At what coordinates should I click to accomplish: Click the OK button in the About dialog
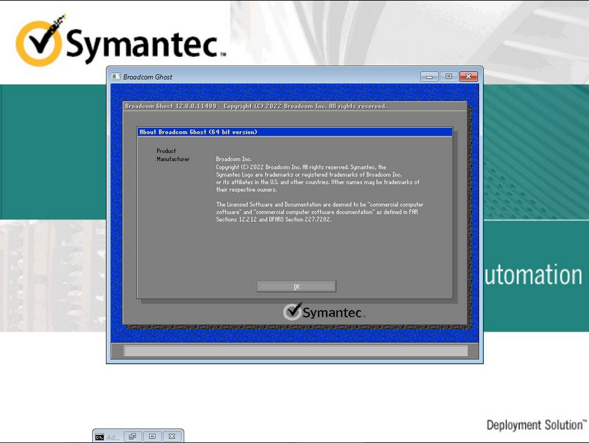pyautogui.click(x=296, y=287)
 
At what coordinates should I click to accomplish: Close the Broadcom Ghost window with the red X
pyautogui.click(x=468, y=77)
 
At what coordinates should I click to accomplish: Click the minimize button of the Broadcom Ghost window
pyautogui.click(x=429, y=77)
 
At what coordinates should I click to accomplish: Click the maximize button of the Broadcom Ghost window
pyautogui.click(x=449, y=77)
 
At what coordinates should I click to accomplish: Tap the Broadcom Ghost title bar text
pyautogui.click(x=148, y=77)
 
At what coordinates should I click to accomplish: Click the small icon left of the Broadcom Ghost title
pyautogui.click(x=116, y=77)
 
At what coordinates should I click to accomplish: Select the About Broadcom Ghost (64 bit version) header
pyautogui.click(x=198, y=132)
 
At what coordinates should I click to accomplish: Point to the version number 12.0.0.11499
pyautogui.click(x=196, y=106)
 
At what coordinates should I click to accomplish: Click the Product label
pyautogui.click(x=166, y=151)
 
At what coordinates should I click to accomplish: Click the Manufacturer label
pyautogui.click(x=173, y=159)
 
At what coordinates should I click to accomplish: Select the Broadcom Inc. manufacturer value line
pyautogui.click(x=234, y=159)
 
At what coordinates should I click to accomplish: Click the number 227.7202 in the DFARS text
pyautogui.click(x=318, y=220)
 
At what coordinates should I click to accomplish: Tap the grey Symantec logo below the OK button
pyautogui.click(x=324, y=312)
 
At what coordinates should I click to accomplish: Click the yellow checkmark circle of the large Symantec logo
pyautogui.click(x=38, y=43)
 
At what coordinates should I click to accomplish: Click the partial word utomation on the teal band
pyautogui.click(x=533, y=275)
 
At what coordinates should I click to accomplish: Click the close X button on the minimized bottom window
pyautogui.click(x=172, y=436)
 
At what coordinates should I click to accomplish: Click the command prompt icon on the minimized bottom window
pyautogui.click(x=99, y=437)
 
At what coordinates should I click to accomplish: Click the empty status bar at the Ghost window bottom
pyautogui.click(x=295, y=351)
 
